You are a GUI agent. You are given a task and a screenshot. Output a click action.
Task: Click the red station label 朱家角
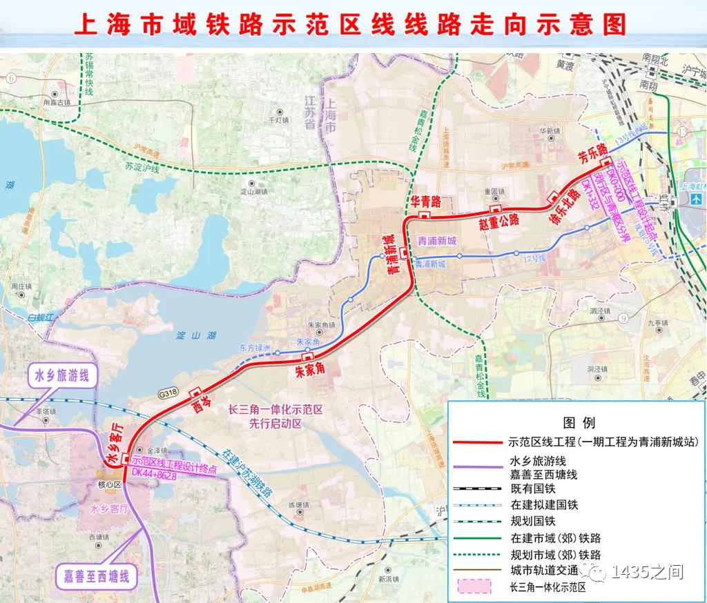[x=310, y=370]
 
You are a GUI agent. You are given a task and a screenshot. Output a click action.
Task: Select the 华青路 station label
[x=426, y=202]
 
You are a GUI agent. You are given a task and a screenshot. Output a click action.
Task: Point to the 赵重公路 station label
[x=498, y=221]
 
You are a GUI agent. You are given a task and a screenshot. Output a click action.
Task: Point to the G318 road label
[x=168, y=392]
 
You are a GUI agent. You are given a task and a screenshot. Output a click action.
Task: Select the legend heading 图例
[x=579, y=422]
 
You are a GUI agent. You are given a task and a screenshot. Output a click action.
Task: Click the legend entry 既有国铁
[x=532, y=488]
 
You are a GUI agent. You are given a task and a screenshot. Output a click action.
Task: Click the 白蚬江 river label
[x=41, y=317]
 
